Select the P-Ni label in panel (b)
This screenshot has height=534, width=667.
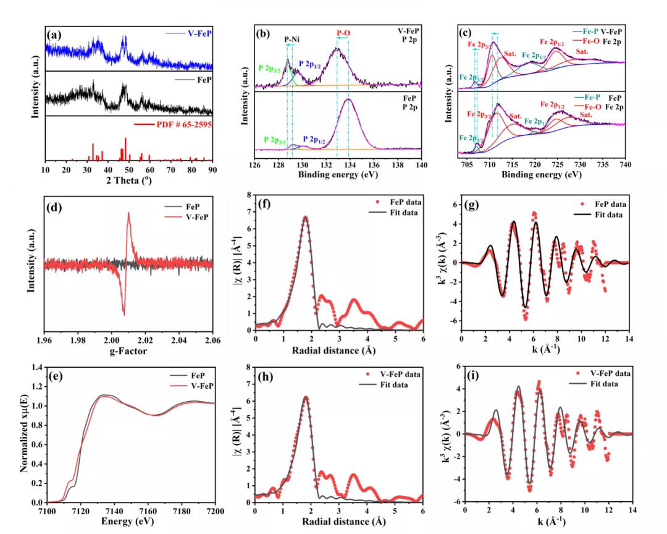coord(293,39)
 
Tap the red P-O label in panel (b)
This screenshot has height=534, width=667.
coord(343,32)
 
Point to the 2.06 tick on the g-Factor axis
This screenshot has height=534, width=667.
coord(212,341)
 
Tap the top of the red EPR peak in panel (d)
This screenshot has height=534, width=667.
coord(128,214)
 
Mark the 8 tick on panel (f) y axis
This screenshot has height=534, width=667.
coord(248,195)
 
